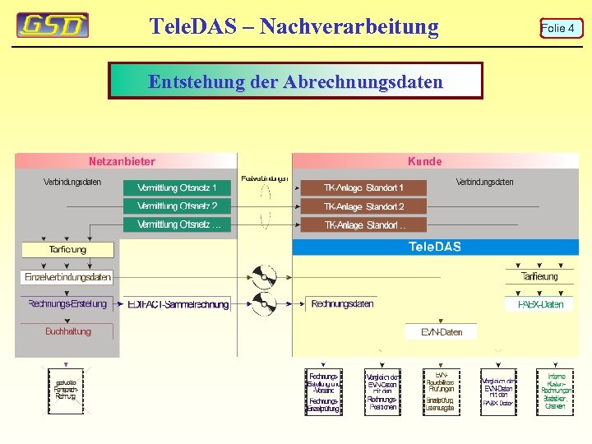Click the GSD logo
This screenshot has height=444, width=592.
coord(53,25)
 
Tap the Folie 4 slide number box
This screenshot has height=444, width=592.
coord(558,29)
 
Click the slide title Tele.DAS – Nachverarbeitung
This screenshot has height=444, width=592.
coord(294,26)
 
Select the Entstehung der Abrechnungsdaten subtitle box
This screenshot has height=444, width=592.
coord(295,81)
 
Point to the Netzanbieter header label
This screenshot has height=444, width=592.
coord(122,162)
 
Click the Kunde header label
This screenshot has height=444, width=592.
coord(424,162)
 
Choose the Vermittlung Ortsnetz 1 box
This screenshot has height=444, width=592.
coord(177,188)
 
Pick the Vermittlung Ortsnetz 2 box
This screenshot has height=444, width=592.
coord(177,206)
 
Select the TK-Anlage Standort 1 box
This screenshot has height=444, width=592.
coord(363,188)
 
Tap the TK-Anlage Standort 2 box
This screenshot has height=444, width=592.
coord(363,206)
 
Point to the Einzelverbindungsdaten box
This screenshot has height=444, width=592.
coord(67,277)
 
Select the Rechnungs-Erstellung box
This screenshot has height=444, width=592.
coord(67,304)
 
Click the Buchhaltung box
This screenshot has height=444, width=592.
coord(67,331)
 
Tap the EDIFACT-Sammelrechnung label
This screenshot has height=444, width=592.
coord(178,304)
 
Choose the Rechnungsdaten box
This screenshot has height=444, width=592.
coord(342,304)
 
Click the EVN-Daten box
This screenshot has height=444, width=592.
coord(442,332)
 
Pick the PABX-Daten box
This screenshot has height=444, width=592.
coord(540,304)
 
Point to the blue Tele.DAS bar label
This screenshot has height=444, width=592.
coord(435,247)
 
